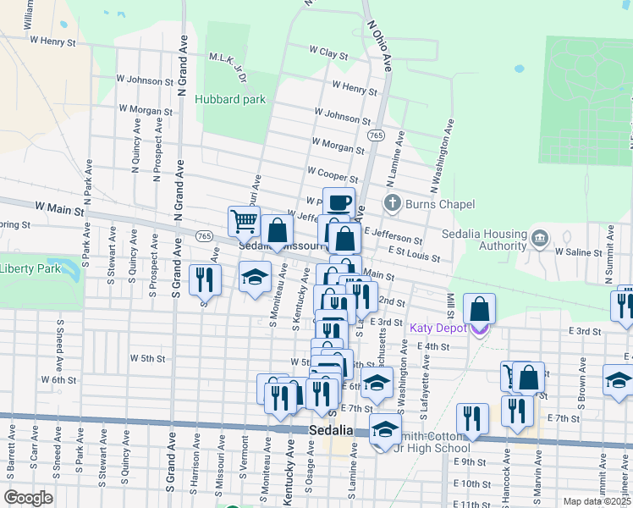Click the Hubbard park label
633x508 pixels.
pos(230,99)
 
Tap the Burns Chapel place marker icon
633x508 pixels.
pos(391,203)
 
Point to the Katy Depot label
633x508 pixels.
pos(440,328)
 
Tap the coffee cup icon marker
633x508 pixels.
pos(339,203)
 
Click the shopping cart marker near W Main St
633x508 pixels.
pos(244,221)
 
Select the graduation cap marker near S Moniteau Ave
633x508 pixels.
pos(254,278)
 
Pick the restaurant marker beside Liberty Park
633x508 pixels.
pos(204,279)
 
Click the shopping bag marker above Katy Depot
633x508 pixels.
pos(480,309)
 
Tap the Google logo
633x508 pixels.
pos(29,498)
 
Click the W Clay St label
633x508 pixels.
pos(328,52)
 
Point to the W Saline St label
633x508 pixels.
pos(581,251)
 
